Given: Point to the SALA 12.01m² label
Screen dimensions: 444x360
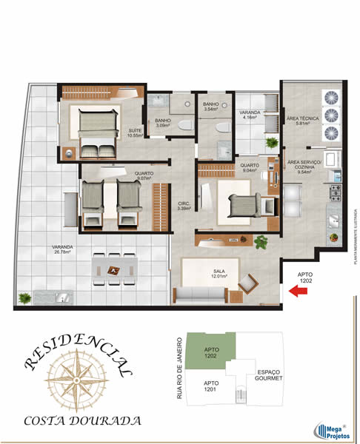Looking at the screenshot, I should pyautogui.click(x=219, y=274).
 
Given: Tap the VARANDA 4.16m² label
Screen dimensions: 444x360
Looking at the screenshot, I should pyautogui.click(x=249, y=115).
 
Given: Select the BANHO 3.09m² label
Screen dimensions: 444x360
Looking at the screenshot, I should pyautogui.click(x=163, y=123).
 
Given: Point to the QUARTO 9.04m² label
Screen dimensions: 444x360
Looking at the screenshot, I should pyautogui.click(x=250, y=167).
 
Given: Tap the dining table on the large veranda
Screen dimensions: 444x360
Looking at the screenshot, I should pyautogui.click(x=113, y=270).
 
